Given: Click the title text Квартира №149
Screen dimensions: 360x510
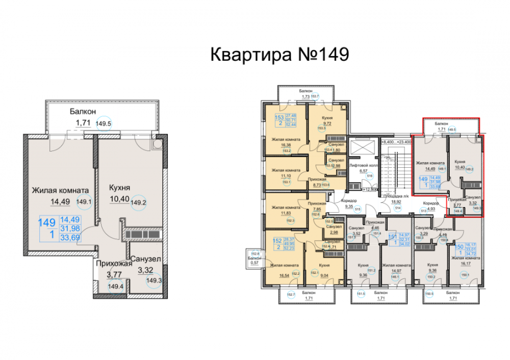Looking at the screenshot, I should click(x=279, y=55).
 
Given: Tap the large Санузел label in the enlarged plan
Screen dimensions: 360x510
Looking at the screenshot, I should click(x=145, y=259).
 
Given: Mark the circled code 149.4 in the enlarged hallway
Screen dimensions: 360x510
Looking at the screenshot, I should click(x=114, y=287).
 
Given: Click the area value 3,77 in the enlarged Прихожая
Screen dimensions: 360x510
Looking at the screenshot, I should click(x=115, y=274).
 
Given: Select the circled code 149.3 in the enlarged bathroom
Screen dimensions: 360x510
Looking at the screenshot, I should click(x=153, y=279).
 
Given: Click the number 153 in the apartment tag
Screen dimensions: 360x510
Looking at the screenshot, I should click(x=279, y=117).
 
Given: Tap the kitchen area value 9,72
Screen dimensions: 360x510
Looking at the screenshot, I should click(x=328, y=124).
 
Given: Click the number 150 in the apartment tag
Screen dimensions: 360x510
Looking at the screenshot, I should click(x=458, y=246).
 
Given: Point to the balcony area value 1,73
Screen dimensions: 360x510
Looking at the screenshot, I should click(x=306, y=96).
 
